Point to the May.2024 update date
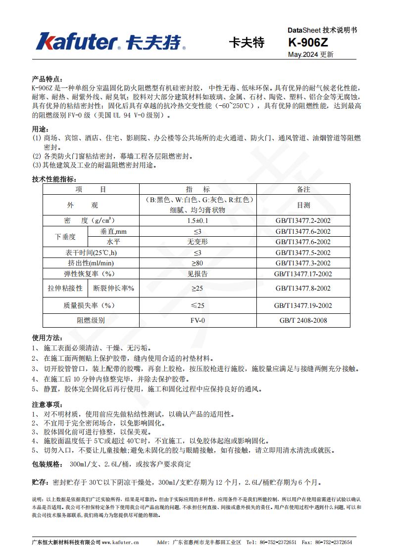point(310,54)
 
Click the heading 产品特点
point(47,79)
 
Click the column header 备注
point(303,189)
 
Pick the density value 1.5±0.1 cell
point(197,220)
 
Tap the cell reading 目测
point(303,205)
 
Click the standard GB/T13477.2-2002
point(303,220)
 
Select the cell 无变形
point(197,242)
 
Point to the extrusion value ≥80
point(197,263)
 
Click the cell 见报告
point(197,274)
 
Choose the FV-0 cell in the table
point(197,320)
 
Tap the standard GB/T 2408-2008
point(303,320)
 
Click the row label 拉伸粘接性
point(65,288)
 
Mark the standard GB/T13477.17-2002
point(303,274)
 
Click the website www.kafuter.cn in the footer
point(120,542)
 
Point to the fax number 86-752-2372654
point(334,542)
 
